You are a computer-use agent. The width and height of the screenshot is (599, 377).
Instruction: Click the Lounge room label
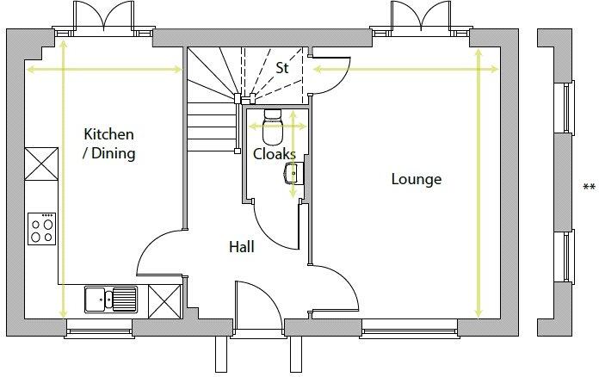click(x=417, y=179)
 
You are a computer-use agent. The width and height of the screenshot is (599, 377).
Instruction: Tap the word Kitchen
click(x=109, y=134)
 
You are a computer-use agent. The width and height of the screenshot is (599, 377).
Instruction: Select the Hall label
click(x=242, y=247)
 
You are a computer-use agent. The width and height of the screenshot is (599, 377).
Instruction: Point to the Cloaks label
click(x=275, y=154)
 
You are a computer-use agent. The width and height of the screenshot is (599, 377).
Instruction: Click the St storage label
click(x=282, y=68)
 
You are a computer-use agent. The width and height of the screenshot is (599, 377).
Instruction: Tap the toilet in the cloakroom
click(x=273, y=127)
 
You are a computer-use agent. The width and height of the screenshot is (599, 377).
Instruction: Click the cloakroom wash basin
click(x=294, y=173)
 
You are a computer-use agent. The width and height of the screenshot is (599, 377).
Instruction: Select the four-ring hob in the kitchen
click(x=41, y=229)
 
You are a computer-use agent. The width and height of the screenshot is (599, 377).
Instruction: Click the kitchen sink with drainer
click(x=111, y=300)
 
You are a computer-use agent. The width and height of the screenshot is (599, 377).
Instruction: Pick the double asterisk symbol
click(x=589, y=187)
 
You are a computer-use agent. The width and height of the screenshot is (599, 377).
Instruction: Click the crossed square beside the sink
click(x=164, y=301)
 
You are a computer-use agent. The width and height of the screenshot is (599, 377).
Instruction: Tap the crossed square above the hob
click(x=41, y=164)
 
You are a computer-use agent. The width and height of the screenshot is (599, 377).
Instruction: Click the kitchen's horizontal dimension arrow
click(x=104, y=70)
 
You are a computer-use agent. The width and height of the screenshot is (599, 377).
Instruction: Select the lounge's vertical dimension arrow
click(x=479, y=183)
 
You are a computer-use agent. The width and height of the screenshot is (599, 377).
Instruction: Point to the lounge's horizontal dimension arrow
click(x=405, y=69)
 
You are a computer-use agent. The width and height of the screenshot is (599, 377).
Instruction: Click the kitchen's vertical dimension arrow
click(x=64, y=179)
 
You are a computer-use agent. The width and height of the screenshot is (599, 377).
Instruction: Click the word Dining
click(x=114, y=153)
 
